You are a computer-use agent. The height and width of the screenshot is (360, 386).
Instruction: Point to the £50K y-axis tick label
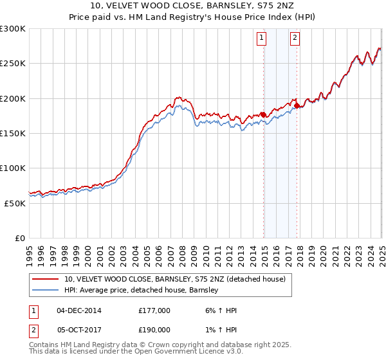(14, 203)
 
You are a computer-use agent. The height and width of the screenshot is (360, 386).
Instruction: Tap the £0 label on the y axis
(21, 238)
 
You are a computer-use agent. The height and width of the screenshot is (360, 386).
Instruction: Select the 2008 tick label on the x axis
(182, 251)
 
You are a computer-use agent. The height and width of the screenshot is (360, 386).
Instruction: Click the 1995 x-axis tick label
(29, 251)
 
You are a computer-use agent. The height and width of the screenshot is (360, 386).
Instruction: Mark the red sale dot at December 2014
(264, 114)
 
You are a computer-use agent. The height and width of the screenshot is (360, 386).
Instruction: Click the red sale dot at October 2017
(297, 105)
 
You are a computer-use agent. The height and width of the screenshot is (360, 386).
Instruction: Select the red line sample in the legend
(46, 279)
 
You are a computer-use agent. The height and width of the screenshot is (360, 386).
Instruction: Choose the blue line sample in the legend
(46, 290)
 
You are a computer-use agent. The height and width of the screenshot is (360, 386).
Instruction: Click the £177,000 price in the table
(154, 311)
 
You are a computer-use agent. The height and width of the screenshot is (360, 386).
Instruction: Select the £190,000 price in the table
(154, 329)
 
